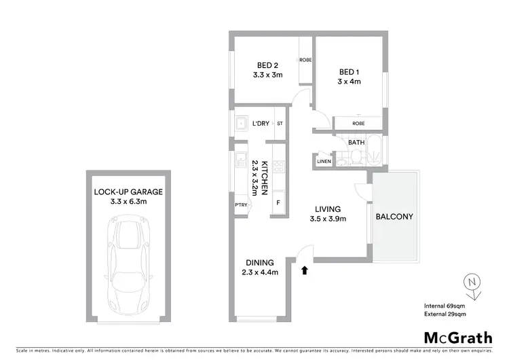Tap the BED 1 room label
pos(350,71)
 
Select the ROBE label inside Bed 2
pos(305,59)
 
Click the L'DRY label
pos(261,124)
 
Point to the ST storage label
pos(280,124)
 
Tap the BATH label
pos(356,143)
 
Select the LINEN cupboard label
pos(323,161)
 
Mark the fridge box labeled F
pos(278,202)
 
